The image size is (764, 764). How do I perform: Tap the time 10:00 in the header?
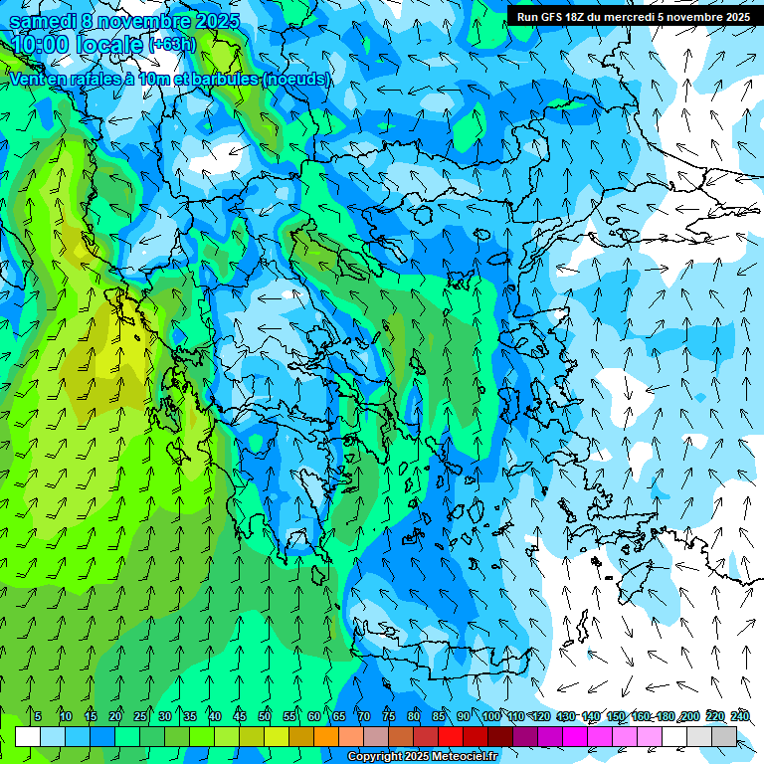(x=42, y=46)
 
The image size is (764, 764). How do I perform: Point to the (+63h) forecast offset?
(x=172, y=45)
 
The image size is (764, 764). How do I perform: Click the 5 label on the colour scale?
(x=38, y=716)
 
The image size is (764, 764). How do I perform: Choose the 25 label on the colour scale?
(x=140, y=716)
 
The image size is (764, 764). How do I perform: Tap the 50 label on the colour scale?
(x=265, y=716)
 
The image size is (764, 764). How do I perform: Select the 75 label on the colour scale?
(x=389, y=716)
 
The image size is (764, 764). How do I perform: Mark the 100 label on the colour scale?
(x=490, y=716)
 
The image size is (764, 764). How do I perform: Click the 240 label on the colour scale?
(x=739, y=716)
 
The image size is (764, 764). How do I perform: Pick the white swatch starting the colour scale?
(x=28, y=736)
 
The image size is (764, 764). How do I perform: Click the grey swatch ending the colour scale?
(x=724, y=736)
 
